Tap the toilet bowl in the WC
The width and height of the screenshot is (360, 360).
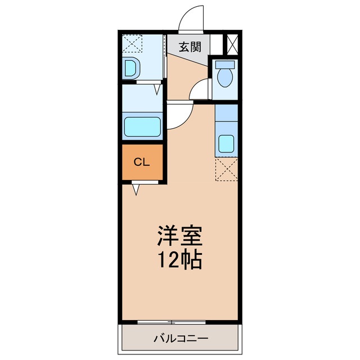(x=224, y=79)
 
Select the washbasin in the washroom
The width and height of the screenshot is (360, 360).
(x=131, y=68)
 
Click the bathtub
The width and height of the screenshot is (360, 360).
(x=142, y=126)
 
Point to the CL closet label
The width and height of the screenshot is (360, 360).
(x=141, y=162)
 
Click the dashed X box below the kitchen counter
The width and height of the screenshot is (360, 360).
(x=226, y=170)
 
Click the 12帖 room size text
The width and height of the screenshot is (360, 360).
(x=179, y=259)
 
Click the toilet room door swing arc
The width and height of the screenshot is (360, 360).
(x=200, y=90)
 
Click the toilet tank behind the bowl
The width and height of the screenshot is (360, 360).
(x=224, y=64)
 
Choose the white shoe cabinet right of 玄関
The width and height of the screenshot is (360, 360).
(x=216, y=45)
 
